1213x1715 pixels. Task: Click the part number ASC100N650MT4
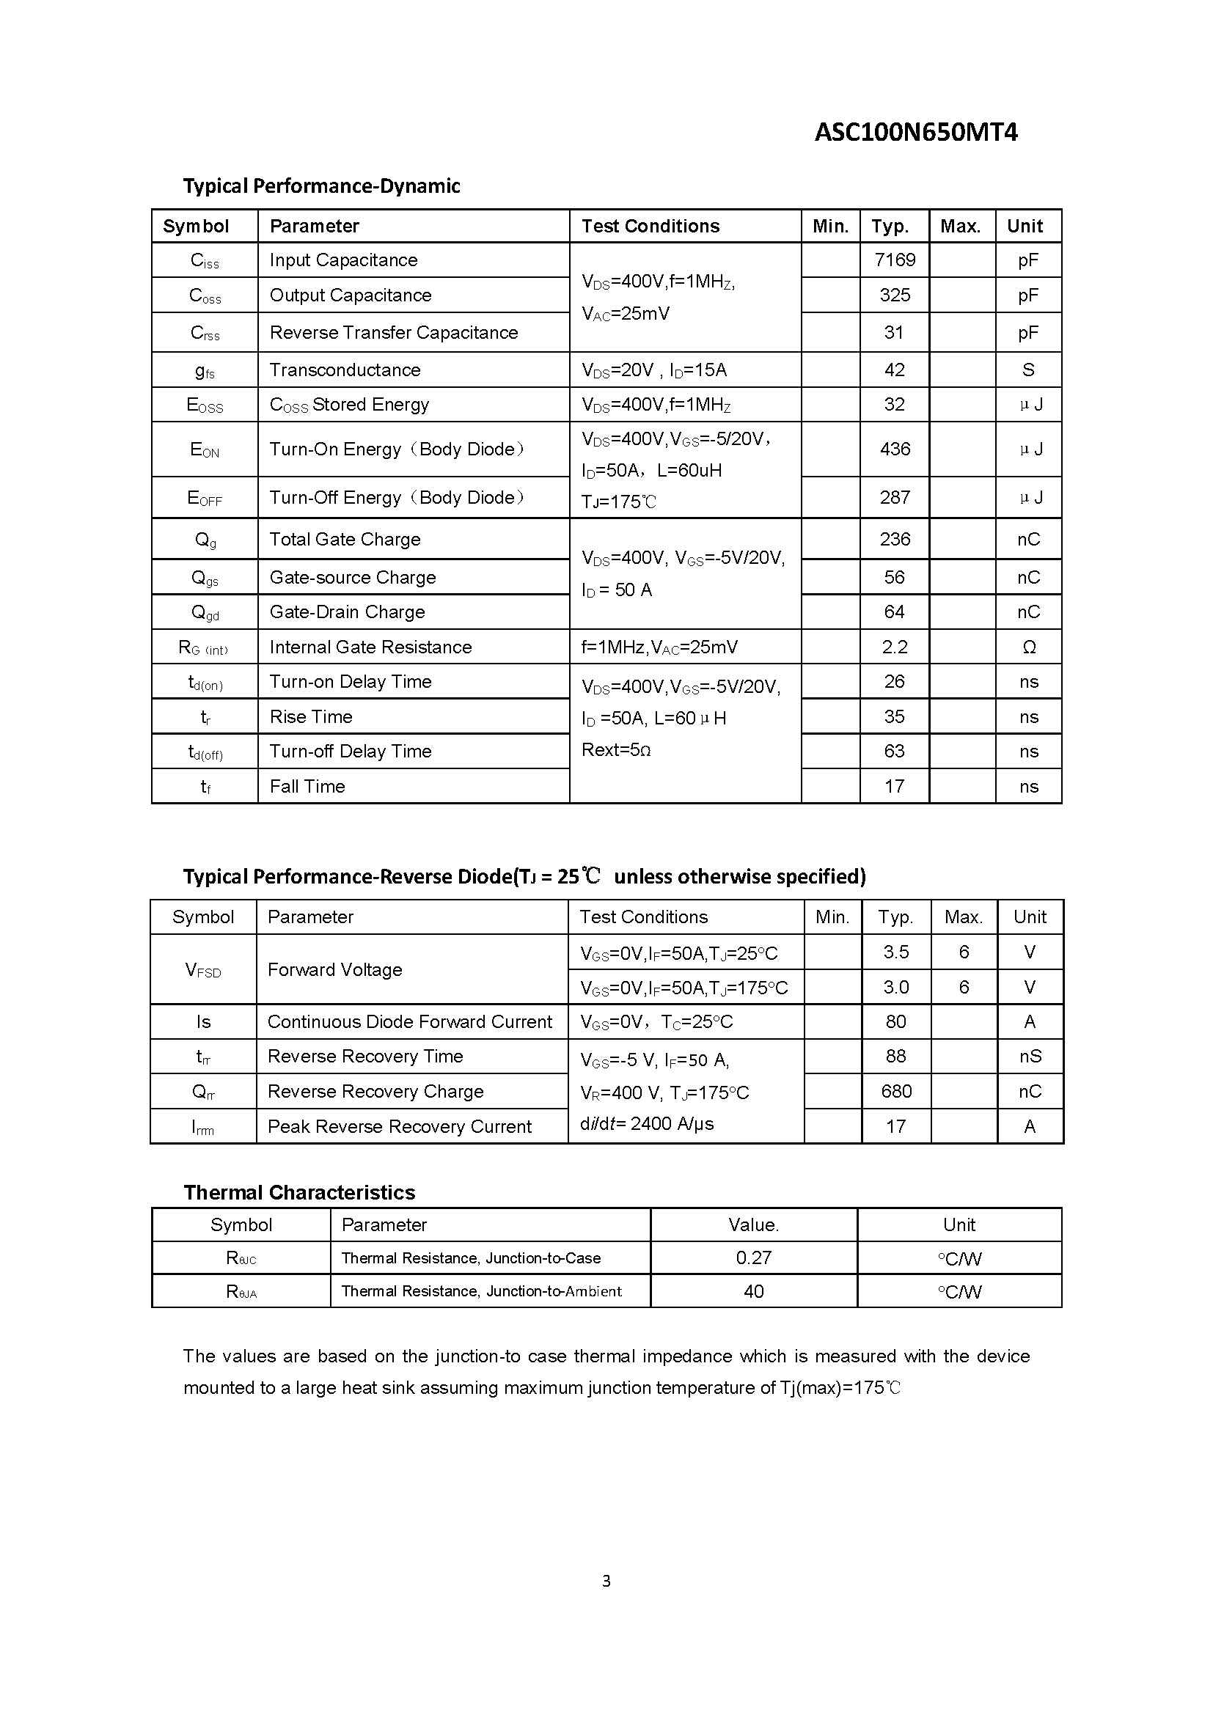[916, 132]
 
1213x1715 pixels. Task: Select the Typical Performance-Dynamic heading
[321, 186]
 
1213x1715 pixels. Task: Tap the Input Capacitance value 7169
[894, 260]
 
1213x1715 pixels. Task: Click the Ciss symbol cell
[205, 261]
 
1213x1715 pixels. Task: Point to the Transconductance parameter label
[345, 370]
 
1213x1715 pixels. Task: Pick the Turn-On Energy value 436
[894, 449]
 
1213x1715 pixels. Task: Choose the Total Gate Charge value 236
[894, 540]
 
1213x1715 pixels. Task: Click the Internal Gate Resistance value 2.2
[894, 647]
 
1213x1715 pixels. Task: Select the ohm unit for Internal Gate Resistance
[1028, 647]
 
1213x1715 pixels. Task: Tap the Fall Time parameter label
[307, 786]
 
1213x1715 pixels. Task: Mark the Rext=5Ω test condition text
[616, 750]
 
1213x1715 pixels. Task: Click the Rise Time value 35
[894, 716]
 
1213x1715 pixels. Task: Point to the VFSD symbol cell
[203, 970]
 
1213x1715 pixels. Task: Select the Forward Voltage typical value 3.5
[895, 952]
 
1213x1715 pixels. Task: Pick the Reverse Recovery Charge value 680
[895, 1091]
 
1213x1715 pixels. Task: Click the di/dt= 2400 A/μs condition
[647, 1123]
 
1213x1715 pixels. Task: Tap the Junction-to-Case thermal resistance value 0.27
[753, 1258]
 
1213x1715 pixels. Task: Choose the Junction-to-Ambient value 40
[753, 1291]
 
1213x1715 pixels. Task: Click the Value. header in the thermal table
[753, 1225]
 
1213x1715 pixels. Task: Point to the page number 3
[606, 1581]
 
